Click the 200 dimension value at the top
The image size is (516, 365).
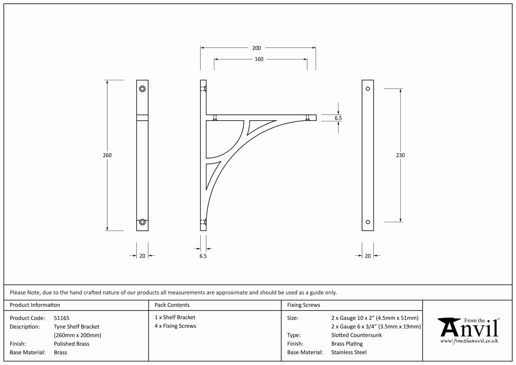click(256, 48)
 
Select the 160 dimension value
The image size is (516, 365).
click(259, 59)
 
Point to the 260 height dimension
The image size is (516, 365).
click(107, 155)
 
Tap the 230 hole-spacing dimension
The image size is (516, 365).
click(400, 155)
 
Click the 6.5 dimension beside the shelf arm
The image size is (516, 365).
click(338, 118)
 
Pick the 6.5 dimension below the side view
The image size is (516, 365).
click(203, 256)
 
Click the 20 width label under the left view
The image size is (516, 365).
click(142, 256)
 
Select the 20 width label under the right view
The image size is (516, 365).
click(368, 256)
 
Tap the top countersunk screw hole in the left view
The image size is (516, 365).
click(142, 89)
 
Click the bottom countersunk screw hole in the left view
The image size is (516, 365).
click(142, 222)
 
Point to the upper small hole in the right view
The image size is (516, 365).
click(368, 89)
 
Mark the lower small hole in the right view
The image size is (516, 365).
click(368, 222)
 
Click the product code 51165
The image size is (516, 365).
click(61, 318)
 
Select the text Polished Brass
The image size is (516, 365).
click(72, 344)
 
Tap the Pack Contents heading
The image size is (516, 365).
click(172, 305)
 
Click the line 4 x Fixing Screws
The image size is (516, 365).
click(175, 326)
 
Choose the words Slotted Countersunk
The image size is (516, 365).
click(356, 335)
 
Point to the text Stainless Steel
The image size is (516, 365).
click(349, 352)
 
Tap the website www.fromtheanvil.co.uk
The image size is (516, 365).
click(469, 341)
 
